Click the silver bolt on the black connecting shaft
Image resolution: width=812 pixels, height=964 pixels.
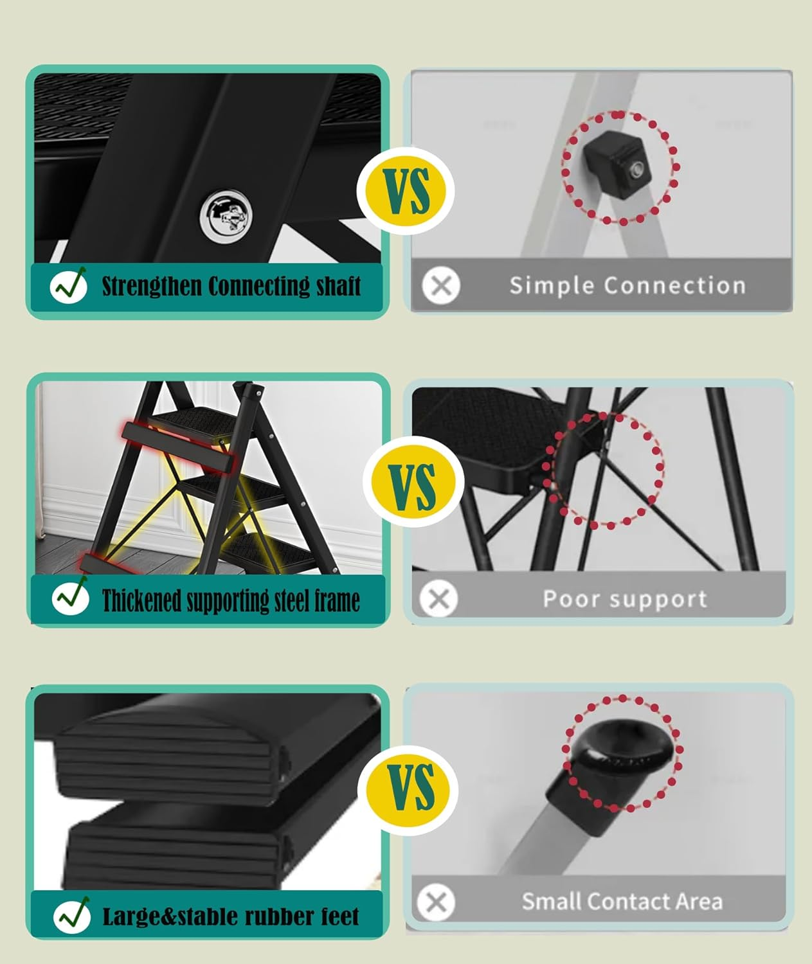(x=226, y=215)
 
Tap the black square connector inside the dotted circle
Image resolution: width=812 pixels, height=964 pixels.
(x=617, y=165)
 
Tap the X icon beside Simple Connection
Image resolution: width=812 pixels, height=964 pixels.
(x=441, y=285)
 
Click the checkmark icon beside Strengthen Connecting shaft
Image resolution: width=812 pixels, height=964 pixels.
(x=69, y=285)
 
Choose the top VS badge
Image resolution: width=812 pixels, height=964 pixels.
(x=406, y=191)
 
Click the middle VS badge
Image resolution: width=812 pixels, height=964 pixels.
(x=413, y=481)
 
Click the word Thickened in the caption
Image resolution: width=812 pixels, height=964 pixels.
(x=141, y=600)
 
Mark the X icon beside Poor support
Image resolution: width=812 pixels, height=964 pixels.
(x=439, y=599)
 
